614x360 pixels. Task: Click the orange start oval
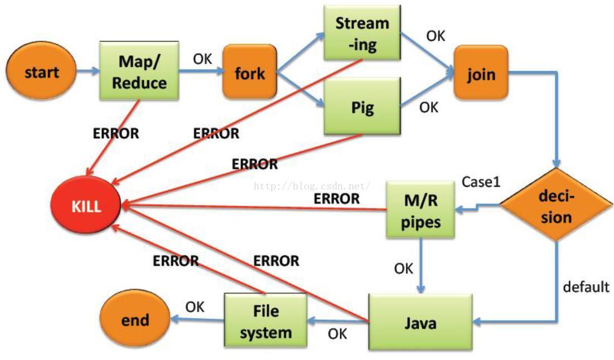click(x=41, y=71)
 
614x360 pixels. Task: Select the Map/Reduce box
click(x=139, y=71)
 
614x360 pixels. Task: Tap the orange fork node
click(x=250, y=71)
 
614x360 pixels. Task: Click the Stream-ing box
click(x=362, y=33)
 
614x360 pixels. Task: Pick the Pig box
click(x=362, y=106)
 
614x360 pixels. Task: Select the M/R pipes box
click(x=420, y=210)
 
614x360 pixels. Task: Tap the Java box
click(x=420, y=322)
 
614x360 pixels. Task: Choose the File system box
click(x=265, y=320)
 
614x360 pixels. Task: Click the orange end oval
click(x=135, y=320)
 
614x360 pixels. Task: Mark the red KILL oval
click(x=86, y=205)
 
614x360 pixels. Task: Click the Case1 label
click(x=481, y=182)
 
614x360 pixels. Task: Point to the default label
click(x=586, y=287)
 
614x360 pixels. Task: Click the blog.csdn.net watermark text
click(x=312, y=186)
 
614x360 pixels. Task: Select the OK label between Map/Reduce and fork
click(x=202, y=59)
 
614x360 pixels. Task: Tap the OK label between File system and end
click(x=195, y=307)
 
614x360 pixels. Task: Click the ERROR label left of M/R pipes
click(x=336, y=198)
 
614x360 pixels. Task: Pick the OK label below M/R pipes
click(x=403, y=269)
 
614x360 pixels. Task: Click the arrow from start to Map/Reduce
click(x=88, y=71)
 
